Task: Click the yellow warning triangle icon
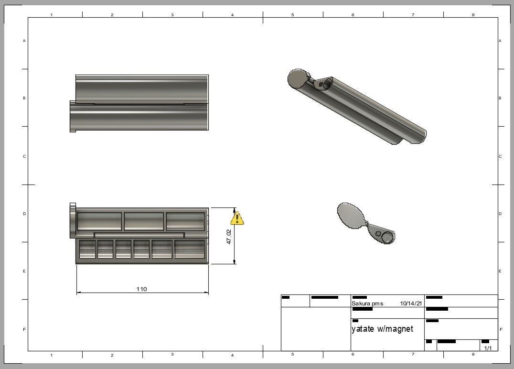[237, 218]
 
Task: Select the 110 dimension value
[141, 289]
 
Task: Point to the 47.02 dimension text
[229, 237]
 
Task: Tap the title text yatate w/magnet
[382, 329]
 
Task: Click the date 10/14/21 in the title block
[411, 304]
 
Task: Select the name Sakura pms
[367, 304]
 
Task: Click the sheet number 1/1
[488, 348]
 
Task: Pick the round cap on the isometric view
[298, 79]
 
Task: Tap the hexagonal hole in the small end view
[378, 234]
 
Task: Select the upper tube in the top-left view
[142, 88]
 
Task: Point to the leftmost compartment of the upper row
[99, 221]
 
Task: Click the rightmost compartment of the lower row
[190, 249]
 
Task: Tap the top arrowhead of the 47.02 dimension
[235, 211]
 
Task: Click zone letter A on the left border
[24, 41]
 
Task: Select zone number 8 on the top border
[473, 15]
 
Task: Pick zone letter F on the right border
[501, 329]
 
